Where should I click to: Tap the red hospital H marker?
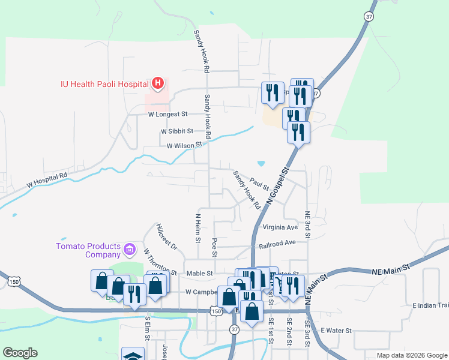[x=158, y=83]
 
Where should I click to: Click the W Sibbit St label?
[x=176, y=131]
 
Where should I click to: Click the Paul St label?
[x=259, y=182]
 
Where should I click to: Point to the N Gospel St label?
[x=278, y=188]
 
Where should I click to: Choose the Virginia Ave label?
[x=280, y=228]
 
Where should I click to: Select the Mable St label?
[x=200, y=273]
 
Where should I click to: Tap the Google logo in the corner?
[x=20, y=353]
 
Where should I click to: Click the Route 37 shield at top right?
[x=369, y=16]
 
